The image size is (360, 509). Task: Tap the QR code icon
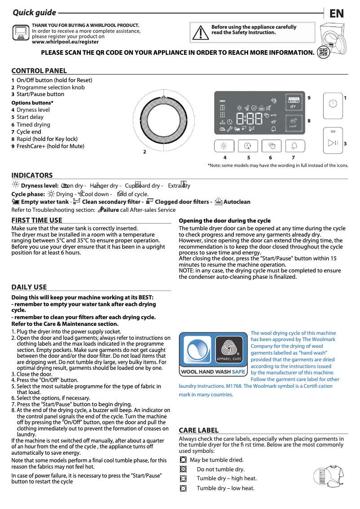click(323, 53)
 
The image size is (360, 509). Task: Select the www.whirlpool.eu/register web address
click(65, 42)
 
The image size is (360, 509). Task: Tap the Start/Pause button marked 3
click(332, 143)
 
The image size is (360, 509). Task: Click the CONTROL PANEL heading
click(39, 70)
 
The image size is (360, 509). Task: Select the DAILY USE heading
click(29, 287)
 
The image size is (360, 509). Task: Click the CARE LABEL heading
click(198, 430)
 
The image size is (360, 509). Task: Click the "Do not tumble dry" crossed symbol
click(183, 469)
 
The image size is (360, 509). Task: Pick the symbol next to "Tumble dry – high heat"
click(183, 478)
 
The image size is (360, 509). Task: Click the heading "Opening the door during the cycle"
click(224, 220)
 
